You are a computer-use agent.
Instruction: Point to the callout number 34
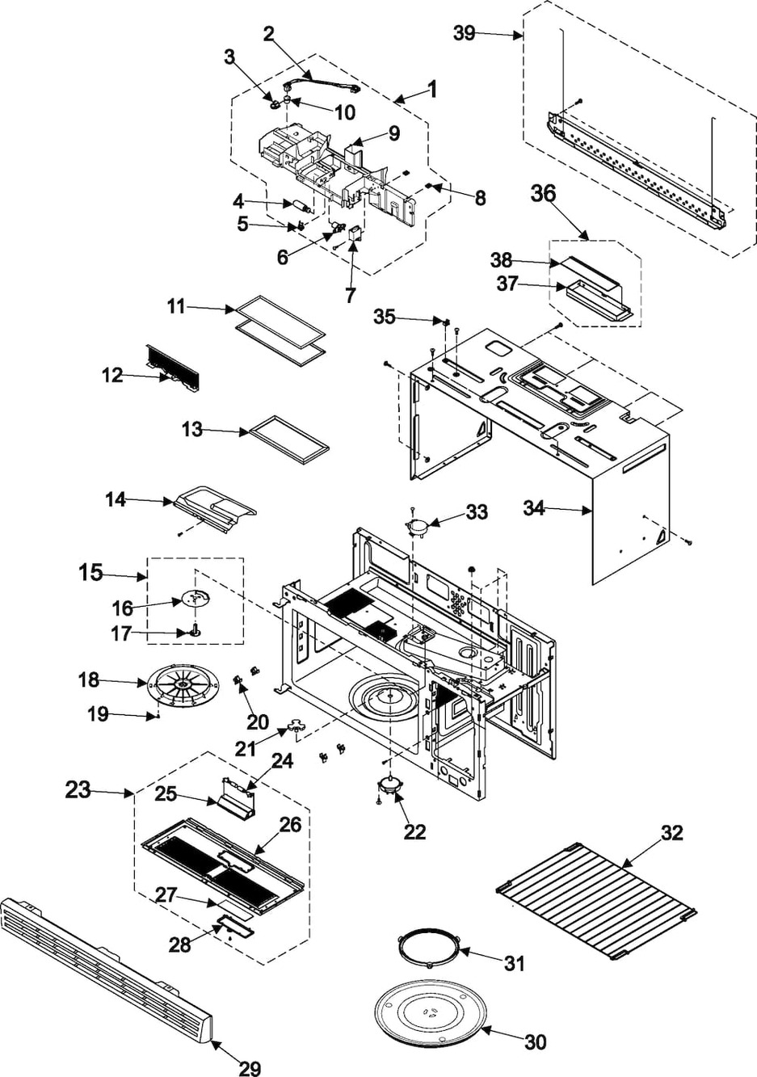[x=534, y=508]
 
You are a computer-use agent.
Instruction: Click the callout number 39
[x=464, y=34]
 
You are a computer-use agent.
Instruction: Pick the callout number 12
[x=112, y=376]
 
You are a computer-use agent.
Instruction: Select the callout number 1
[x=432, y=90]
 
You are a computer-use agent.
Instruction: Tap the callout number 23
[x=78, y=790]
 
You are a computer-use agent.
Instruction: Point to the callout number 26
[x=290, y=825]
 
